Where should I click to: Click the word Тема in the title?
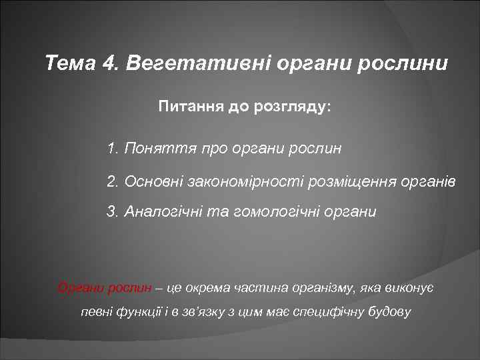pyautogui.click(x=71, y=65)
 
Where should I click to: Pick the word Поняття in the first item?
pyautogui.click(x=150, y=148)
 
